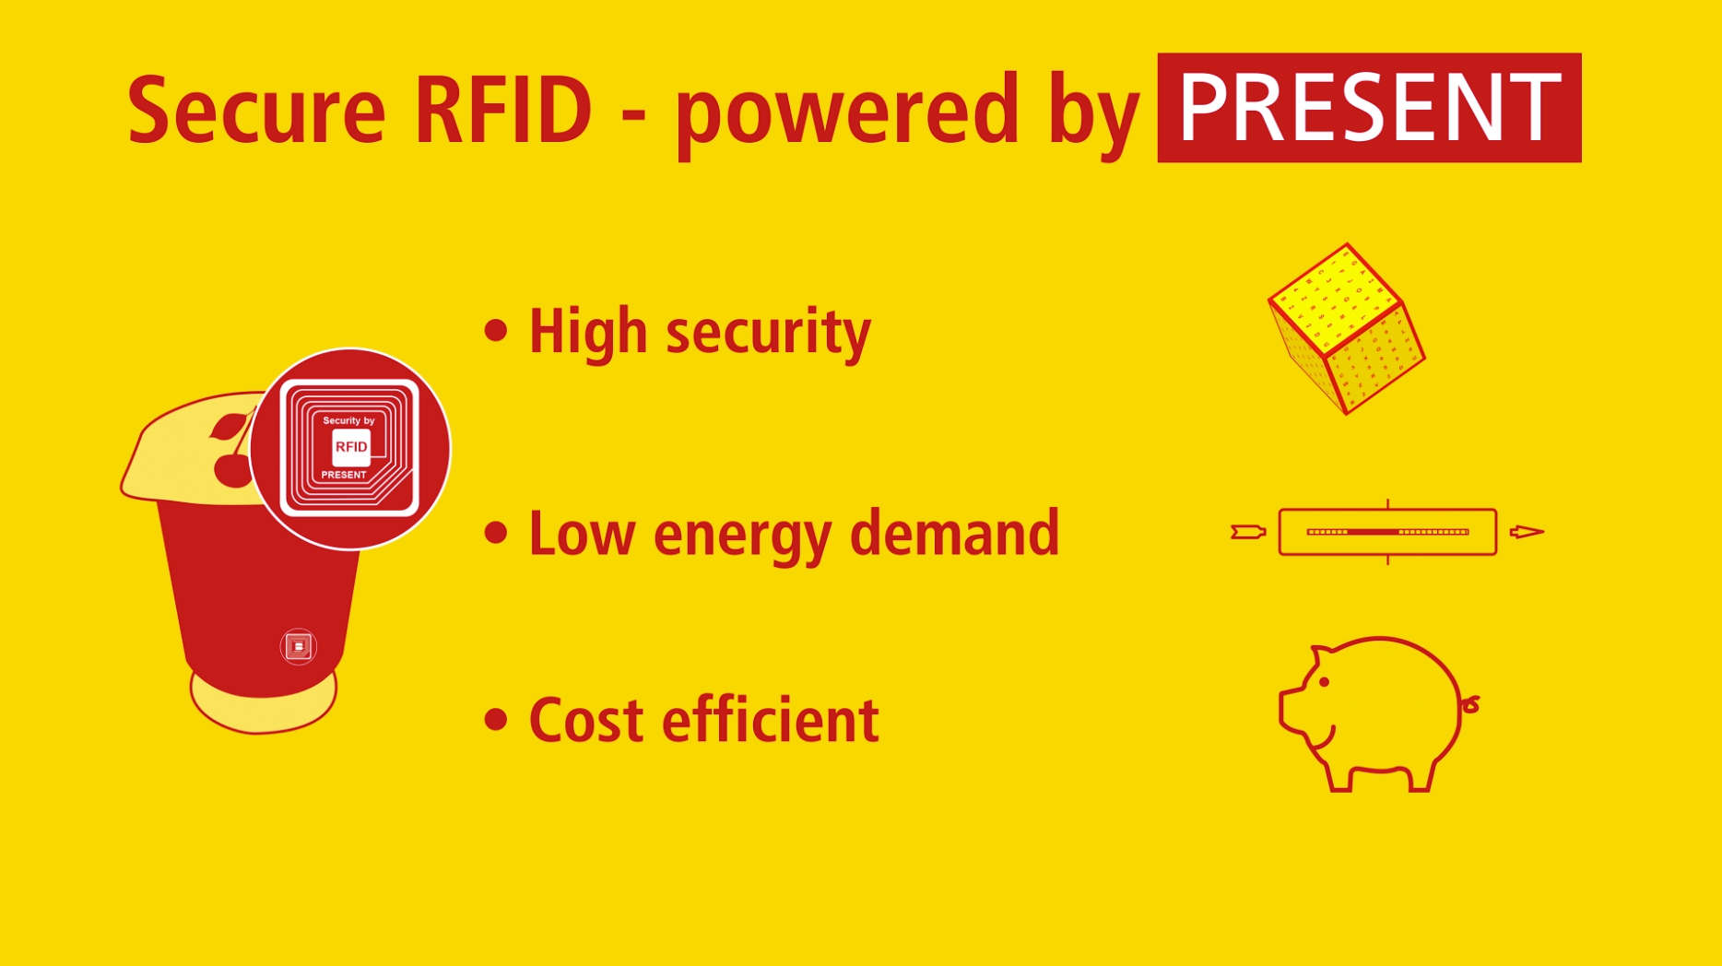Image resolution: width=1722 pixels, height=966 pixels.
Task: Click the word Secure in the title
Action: click(x=256, y=111)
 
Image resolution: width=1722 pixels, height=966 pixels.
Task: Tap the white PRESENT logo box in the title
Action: click(x=1369, y=108)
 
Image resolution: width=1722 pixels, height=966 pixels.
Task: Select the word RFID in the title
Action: click(x=502, y=111)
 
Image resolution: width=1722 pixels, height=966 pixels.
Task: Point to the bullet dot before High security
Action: click(x=496, y=330)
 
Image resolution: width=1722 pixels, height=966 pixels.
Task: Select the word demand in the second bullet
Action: click(x=954, y=533)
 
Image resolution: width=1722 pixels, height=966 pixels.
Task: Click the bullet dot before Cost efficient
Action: click(x=496, y=719)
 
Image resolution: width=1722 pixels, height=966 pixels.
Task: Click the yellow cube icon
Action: click(x=1347, y=329)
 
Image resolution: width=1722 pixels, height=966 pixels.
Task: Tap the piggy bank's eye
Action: click(x=1324, y=682)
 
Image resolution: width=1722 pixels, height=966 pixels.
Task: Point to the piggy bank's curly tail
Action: click(x=1470, y=705)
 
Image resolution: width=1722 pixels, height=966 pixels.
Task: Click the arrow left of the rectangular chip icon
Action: click(x=1248, y=532)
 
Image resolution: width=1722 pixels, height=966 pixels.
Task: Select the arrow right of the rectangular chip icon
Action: click(x=1527, y=532)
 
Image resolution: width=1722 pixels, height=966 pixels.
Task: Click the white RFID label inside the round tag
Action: click(x=351, y=447)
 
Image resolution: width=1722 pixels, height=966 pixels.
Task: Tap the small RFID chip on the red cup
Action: click(x=298, y=646)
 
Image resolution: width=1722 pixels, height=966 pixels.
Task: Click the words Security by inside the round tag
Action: click(x=348, y=420)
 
